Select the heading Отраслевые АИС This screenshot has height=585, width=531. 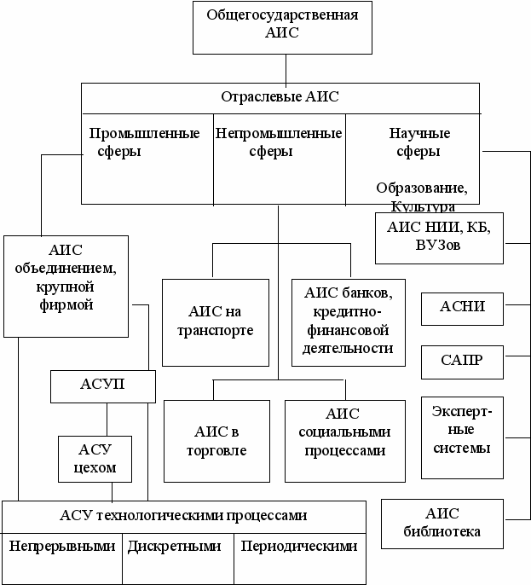280,97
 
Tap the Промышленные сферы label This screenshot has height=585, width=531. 145,142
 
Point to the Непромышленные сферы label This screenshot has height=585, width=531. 278,142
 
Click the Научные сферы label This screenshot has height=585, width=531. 419,142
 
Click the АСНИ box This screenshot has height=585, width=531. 463,308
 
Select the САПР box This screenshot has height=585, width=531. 463,361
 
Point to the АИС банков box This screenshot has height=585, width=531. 348,321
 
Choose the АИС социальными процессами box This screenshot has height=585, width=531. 345,437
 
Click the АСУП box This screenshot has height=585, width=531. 103,385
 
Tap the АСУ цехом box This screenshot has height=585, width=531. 95,459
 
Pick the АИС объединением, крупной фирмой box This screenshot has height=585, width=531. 65,285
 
